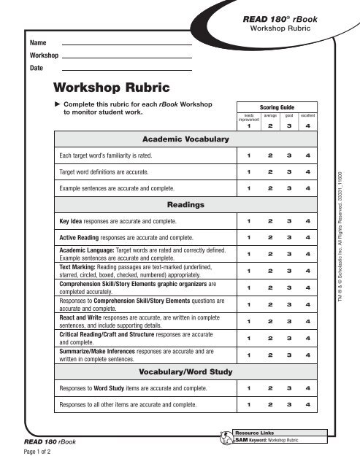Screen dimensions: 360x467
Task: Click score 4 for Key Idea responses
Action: click(308, 221)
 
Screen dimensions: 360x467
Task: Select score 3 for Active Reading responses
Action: click(288, 237)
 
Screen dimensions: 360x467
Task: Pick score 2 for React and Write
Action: click(269, 321)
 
